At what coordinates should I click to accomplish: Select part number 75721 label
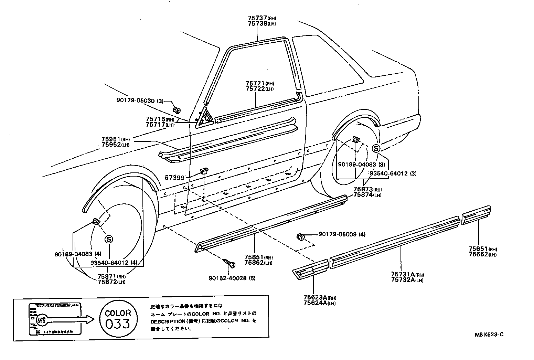click(x=255, y=83)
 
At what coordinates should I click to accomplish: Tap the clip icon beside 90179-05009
click(x=300, y=237)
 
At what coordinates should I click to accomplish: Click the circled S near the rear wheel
click(x=376, y=149)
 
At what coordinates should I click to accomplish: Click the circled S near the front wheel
click(x=109, y=239)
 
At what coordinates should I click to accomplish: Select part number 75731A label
click(x=402, y=274)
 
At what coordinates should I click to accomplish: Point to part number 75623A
click(x=314, y=298)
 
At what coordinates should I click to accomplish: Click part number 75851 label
click(x=254, y=257)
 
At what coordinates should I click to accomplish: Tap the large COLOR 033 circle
click(x=118, y=318)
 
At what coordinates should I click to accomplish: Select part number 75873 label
click(x=363, y=189)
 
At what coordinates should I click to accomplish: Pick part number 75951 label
click(x=111, y=139)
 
